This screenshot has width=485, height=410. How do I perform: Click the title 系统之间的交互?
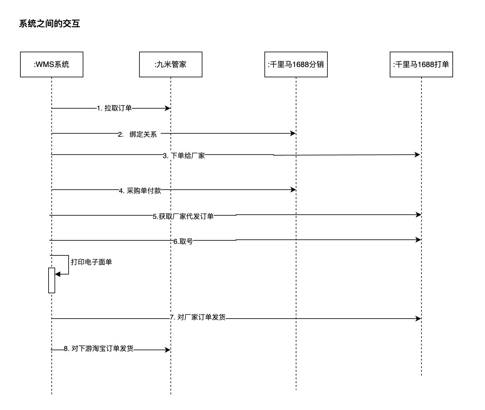50,24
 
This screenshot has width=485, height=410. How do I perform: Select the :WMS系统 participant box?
52,64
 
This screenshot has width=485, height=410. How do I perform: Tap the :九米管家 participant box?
170,64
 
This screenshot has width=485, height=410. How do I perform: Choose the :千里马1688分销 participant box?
296,64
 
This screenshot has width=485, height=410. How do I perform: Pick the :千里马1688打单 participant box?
421,64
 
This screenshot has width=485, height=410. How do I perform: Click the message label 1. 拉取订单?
114,108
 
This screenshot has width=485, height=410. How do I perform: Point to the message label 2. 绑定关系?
137,134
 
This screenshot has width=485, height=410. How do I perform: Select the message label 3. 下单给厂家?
184,156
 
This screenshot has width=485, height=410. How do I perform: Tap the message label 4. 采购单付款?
140,191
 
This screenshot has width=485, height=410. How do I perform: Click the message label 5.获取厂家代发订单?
183,216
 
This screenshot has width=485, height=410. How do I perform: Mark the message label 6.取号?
183,241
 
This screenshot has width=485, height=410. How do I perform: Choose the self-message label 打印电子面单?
91,262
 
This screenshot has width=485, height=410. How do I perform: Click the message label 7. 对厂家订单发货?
198,317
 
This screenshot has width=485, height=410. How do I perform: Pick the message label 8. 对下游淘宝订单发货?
99,349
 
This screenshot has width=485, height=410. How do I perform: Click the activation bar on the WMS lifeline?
52,280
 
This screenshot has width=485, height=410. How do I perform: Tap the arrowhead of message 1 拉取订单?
168,108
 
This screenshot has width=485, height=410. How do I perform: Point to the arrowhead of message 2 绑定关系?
293,133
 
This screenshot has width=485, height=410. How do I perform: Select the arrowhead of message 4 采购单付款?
293,190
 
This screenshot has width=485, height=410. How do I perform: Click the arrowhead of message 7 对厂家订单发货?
418,319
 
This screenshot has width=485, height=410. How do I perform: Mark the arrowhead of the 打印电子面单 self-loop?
58,274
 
